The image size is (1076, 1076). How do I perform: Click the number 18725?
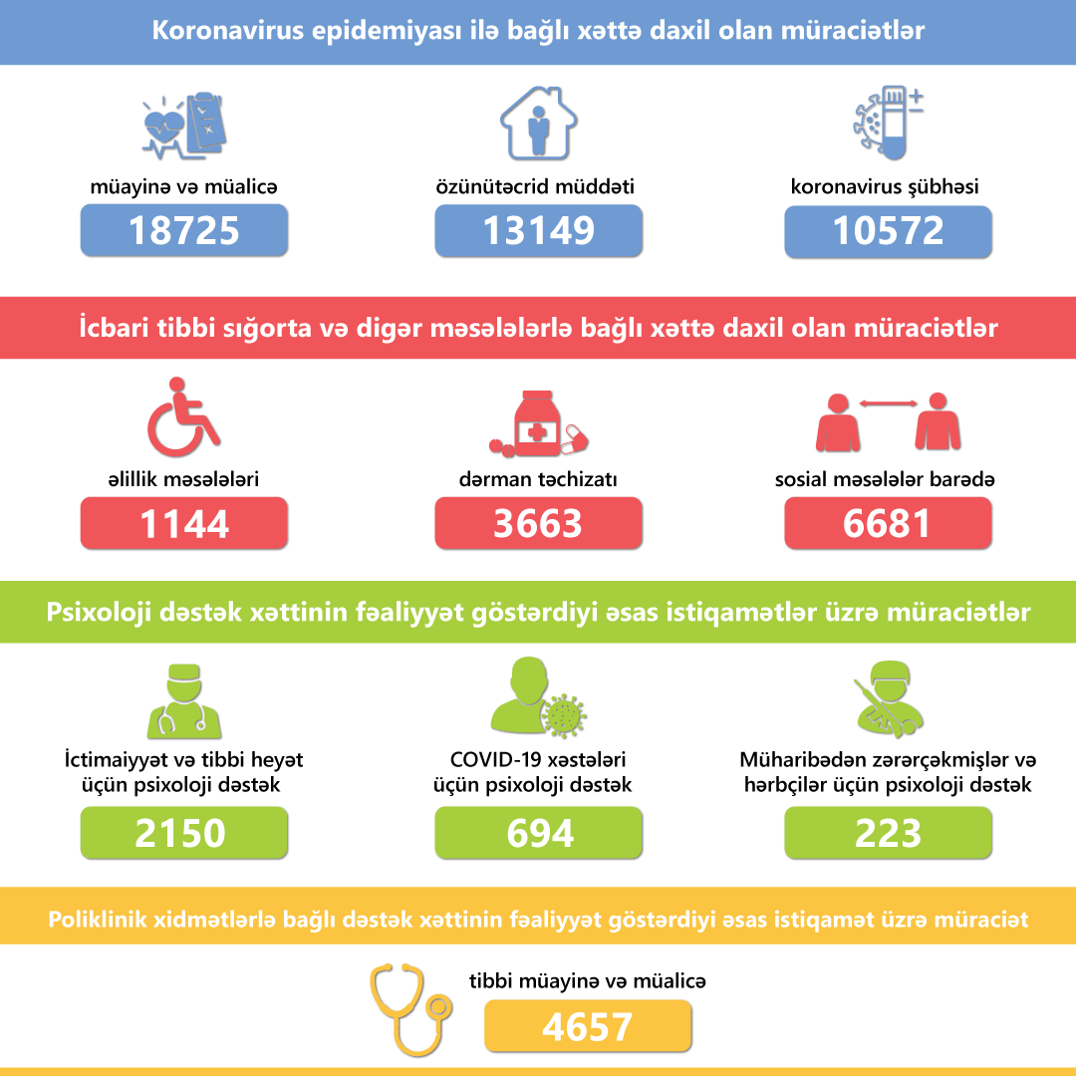(184, 230)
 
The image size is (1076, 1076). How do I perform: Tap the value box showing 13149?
(538, 230)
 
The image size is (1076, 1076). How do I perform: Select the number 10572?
(888, 230)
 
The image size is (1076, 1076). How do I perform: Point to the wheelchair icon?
(183, 412)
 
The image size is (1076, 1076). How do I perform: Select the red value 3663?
(538, 523)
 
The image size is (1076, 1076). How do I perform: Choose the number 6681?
(888, 523)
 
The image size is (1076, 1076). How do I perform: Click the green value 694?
(538, 833)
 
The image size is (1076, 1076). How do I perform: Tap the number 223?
(888, 833)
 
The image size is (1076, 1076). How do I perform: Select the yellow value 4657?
(588, 1026)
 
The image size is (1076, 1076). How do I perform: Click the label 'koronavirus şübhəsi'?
(886, 186)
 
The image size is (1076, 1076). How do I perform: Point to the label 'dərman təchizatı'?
(538, 479)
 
